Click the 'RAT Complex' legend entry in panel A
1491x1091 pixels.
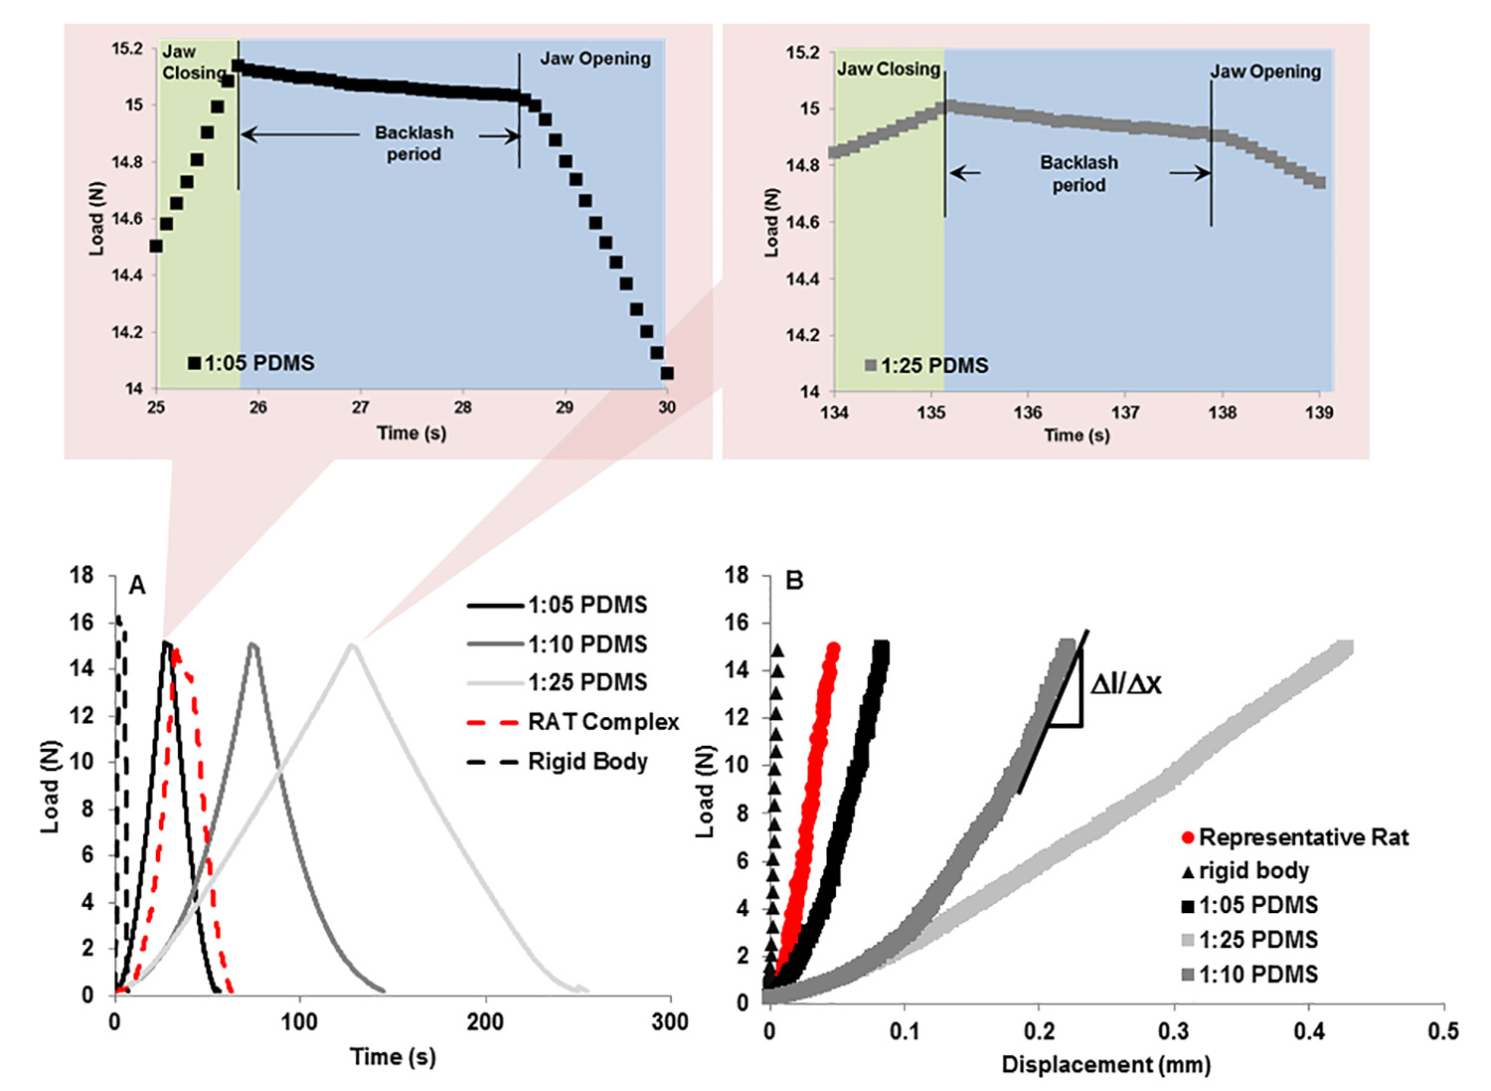click(602, 722)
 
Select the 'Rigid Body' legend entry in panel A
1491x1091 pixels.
click(587, 762)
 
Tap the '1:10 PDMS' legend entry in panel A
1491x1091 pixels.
click(586, 644)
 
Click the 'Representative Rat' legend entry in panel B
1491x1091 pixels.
click(1302, 837)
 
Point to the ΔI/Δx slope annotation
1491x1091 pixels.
click(1125, 684)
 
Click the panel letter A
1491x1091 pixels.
click(137, 586)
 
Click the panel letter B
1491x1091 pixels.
click(794, 580)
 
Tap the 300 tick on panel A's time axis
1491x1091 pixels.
click(670, 1021)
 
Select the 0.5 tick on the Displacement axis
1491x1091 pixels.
click(1443, 1031)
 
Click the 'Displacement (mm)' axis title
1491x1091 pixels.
click(1105, 1065)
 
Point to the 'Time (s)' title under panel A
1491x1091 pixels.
click(393, 1056)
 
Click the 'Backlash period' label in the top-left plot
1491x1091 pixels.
click(414, 143)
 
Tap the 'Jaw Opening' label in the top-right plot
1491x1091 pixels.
click(1264, 72)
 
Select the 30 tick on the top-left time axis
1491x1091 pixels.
click(667, 407)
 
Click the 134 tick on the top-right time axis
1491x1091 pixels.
click(834, 413)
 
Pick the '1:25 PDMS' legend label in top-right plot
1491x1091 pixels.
click(933, 366)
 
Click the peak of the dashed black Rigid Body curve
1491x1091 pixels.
click(118, 619)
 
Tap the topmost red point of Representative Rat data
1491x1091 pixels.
click(833, 649)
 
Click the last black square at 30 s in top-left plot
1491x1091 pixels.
click(667, 374)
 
